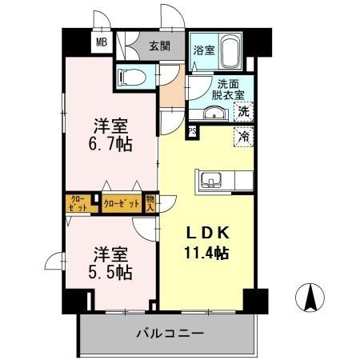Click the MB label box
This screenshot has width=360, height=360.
102,43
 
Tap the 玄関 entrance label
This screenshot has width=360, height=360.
159,46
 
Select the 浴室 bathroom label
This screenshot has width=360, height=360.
203,50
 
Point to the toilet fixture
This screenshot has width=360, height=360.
132,77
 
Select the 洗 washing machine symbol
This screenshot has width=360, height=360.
244,113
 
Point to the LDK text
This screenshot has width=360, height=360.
209,233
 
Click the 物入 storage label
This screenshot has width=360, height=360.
150,202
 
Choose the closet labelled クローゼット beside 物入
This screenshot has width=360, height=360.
122,203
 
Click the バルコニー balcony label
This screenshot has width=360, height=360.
170,332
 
